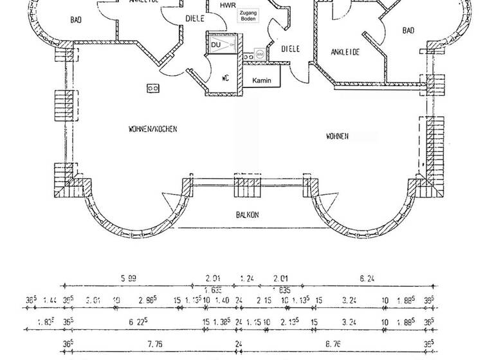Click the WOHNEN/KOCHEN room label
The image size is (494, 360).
pos(152,129)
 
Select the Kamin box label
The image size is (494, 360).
pos(261,80)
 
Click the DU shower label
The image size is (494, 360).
pos(215,45)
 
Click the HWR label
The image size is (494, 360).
pos(227,6)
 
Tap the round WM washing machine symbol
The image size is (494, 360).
pos(260,55)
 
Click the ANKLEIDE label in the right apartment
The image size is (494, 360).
pos(345,52)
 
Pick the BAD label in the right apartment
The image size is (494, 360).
pos(408,30)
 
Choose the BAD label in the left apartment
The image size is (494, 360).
pos(76,20)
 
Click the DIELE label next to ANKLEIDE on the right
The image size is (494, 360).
pos(291,49)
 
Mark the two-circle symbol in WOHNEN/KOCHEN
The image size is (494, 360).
pos(153,88)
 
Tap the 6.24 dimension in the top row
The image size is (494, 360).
pos(367,278)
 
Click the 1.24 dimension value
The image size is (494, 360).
pos(246,278)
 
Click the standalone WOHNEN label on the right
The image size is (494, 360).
pos(337,136)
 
